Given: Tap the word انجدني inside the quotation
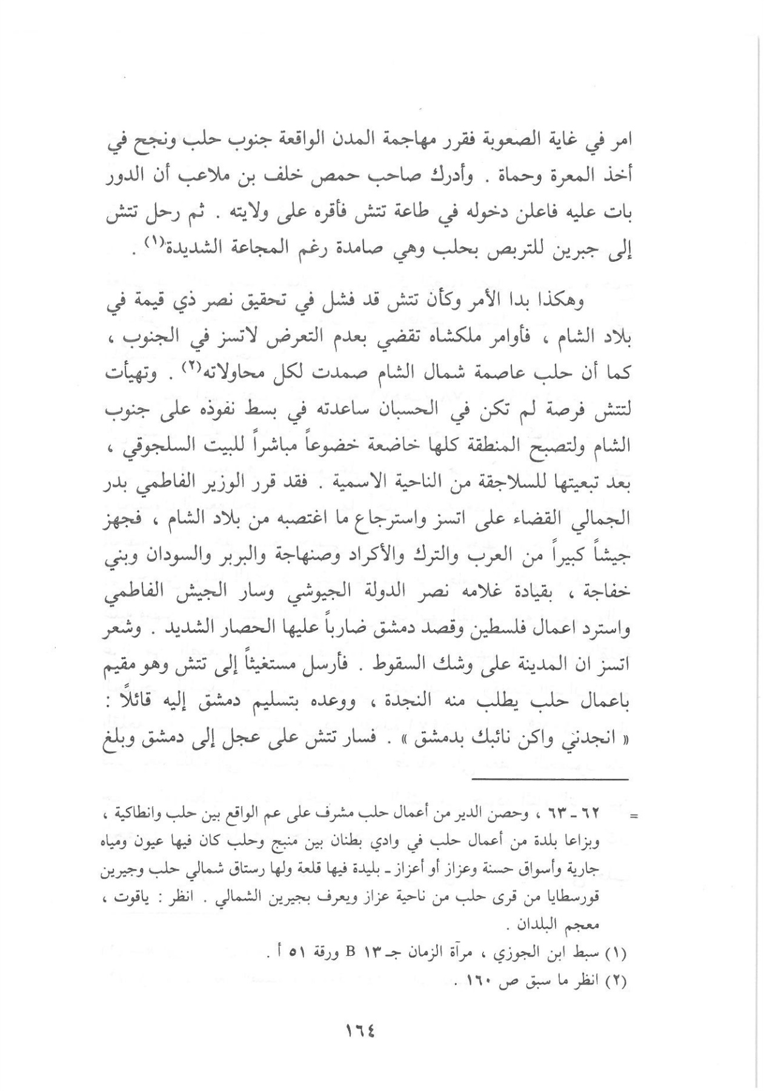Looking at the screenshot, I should point(590,742).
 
